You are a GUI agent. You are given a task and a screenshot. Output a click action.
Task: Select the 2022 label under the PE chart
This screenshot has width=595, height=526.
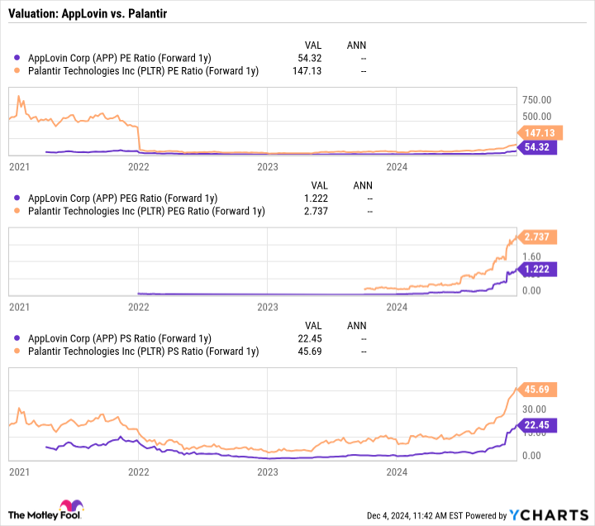pyautogui.click(x=138, y=166)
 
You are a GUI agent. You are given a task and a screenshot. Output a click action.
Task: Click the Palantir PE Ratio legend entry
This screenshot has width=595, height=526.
pyautogui.click(x=143, y=71)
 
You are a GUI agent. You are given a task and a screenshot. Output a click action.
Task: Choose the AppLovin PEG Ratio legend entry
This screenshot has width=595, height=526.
pyautogui.click(x=122, y=198)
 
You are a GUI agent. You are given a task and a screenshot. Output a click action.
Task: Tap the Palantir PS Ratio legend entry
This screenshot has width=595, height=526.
pyautogui.click(x=143, y=351)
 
